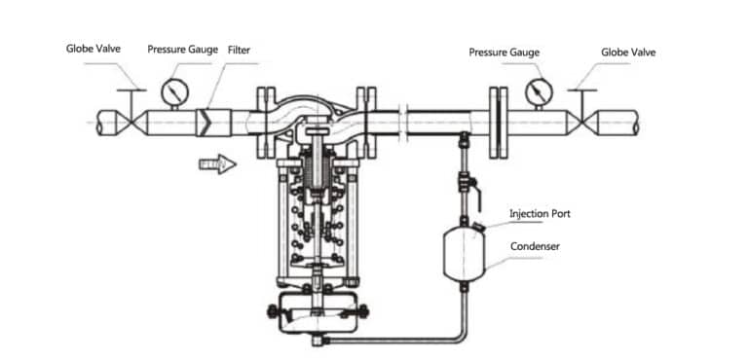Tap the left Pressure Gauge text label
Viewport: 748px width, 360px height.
182,48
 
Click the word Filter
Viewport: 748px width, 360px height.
239,48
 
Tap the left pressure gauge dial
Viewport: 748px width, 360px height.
173,90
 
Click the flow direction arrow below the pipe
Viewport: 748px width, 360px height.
217,164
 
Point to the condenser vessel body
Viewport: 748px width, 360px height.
463,255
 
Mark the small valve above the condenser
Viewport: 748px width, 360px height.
464,183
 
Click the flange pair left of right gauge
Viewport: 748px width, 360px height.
499,122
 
